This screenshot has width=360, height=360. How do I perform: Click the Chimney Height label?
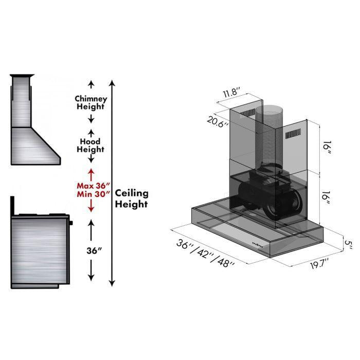pos(91,102)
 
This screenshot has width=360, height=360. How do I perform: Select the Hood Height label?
pos(91,145)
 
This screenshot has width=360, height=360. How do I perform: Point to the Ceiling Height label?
pos(131,199)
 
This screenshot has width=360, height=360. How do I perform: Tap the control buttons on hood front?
pos(259,244)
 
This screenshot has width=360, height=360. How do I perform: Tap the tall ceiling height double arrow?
pos(113,183)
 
